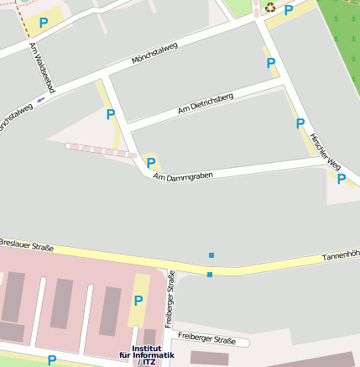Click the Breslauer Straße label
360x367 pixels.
coord(27,245)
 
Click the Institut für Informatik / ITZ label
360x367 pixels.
coord(147,355)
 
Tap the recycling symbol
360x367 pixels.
coord(270,8)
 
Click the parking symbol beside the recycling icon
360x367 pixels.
coord(289,10)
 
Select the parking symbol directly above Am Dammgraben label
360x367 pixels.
coord(151,163)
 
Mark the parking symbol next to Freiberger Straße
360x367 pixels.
coord(138,301)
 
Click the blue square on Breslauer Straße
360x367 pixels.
coord(210,274)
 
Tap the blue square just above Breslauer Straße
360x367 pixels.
coord(211,254)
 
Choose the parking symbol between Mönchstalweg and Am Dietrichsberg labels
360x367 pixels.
coord(110,114)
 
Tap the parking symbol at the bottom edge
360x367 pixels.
coord(52,360)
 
